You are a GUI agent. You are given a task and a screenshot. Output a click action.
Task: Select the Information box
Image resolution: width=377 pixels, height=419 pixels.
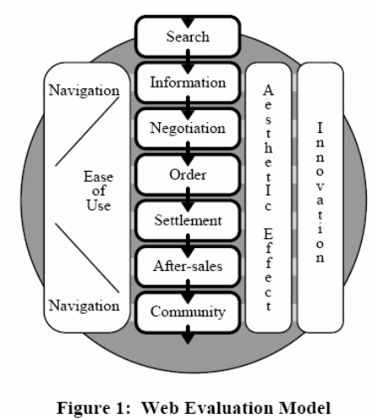187,83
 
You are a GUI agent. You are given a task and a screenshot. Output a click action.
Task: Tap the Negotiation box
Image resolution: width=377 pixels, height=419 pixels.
187,130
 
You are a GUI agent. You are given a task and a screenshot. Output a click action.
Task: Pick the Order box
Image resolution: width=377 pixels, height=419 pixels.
187,175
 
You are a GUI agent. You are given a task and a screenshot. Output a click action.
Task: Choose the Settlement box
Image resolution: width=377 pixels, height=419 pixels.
187,221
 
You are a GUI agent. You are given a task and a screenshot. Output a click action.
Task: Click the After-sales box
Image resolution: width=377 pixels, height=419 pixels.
187,267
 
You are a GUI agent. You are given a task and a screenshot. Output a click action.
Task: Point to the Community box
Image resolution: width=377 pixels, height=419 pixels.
187,312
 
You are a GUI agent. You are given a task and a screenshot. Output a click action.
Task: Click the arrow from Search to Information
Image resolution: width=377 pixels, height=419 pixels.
187,61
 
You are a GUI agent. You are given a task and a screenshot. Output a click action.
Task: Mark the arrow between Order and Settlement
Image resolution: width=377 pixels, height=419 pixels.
187,199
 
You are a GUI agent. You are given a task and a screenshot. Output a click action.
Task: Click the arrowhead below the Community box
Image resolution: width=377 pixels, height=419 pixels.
187,337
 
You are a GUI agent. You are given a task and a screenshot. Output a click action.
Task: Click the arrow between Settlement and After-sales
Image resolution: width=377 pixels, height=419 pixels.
187,244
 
